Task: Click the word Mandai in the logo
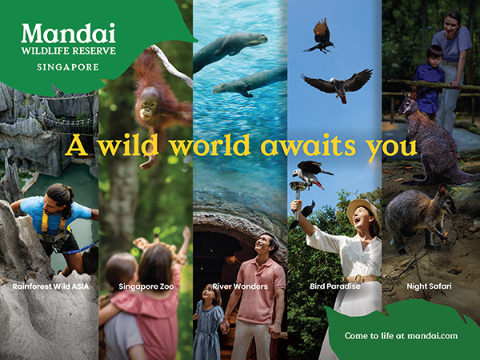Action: click(68, 34)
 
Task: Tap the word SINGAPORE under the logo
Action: click(68, 67)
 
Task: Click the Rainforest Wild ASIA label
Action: click(50, 286)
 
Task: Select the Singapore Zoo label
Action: click(146, 286)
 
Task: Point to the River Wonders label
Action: click(240, 286)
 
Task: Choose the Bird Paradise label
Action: click(335, 286)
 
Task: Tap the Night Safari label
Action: click(429, 286)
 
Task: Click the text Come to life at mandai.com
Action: click(401, 336)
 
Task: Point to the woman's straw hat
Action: click(363, 211)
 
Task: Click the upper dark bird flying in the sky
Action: click(320, 36)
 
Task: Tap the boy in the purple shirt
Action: click(430, 81)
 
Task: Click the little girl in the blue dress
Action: click(209, 322)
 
